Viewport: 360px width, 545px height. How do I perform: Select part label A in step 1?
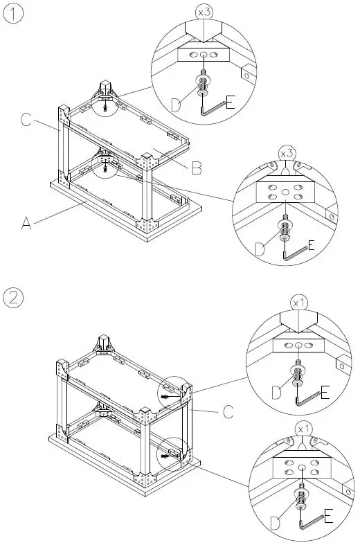(x=26, y=223)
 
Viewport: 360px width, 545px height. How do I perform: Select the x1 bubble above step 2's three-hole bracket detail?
(x=298, y=303)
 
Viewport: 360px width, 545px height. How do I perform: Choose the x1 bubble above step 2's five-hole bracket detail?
(x=302, y=429)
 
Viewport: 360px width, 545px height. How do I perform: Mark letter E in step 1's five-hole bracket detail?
(x=310, y=245)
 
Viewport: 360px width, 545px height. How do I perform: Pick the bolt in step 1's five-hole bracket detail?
(x=285, y=226)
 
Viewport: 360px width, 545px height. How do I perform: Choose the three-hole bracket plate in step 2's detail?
(x=298, y=344)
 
